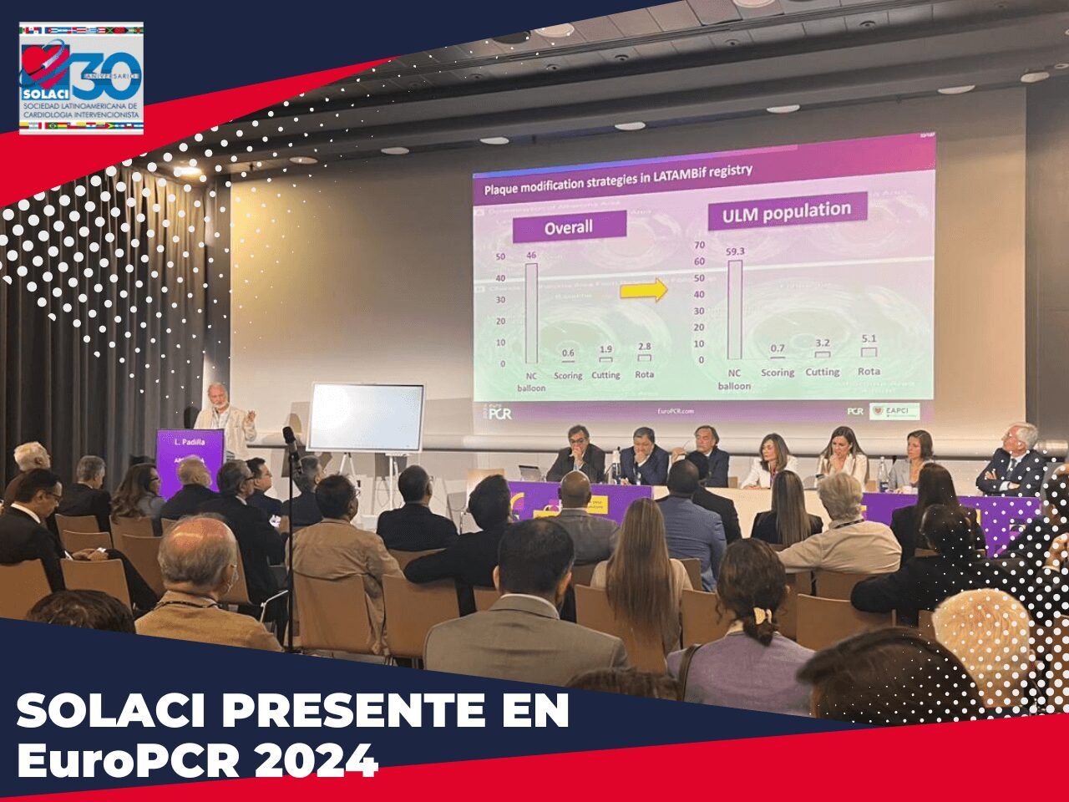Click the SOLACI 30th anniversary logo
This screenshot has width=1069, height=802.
coord(81,78)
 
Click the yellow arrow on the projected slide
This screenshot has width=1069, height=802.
coord(644,290)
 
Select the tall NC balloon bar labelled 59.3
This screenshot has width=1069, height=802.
coord(734,310)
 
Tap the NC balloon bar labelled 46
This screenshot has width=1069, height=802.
coord(531,313)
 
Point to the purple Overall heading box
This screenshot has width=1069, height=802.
coord(569,226)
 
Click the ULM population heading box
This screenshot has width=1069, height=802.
coord(787,212)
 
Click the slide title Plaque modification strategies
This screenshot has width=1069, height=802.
coord(618,180)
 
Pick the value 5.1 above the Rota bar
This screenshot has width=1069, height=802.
coord(869,339)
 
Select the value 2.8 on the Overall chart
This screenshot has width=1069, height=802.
coord(644,346)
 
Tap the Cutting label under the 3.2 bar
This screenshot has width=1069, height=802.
coord(822,372)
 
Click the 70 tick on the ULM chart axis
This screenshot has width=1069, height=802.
coord(699,246)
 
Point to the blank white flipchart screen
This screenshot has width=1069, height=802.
coord(366,418)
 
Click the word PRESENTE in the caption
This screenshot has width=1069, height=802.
coord(345,712)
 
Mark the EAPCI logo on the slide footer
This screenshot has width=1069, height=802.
coord(894,411)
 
